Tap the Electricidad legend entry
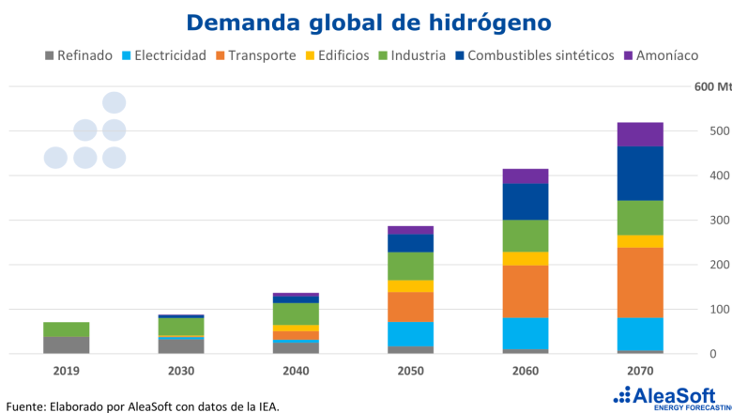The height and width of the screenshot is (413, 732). (x=163, y=55)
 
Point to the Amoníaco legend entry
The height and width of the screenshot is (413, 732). (x=661, y=55)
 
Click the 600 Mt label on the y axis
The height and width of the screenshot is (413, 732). (x=711, y=86)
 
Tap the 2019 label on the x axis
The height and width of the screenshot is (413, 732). (x=66, y=371)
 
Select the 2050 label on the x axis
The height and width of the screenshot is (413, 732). (x=410, y=371)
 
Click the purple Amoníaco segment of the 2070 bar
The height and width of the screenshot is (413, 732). (x=640, y=134)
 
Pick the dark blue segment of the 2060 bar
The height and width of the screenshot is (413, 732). (x=526, y=202)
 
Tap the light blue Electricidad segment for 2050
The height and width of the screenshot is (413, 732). (x=410, y=334)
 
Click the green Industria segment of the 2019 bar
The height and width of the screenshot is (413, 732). (x=66, y=329)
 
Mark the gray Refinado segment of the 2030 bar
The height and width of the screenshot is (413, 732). (x=181, y=345)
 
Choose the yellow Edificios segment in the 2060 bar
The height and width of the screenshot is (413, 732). (x=526, y=259)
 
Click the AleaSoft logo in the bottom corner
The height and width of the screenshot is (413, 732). (x=667, y=395)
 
